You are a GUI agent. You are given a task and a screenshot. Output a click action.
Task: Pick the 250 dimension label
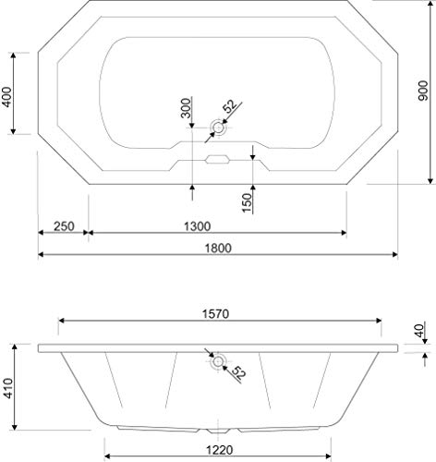click(x=63, y=225)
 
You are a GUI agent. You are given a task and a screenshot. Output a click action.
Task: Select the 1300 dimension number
click(x=196, y=225)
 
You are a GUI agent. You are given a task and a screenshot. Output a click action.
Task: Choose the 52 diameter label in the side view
click(x=239, y=373)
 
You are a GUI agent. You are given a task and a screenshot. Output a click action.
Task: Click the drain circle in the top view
click(x=219, y=127)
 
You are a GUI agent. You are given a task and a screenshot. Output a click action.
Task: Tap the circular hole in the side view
click(x=219, y=362)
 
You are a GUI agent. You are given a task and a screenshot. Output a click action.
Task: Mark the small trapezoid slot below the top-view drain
click(x=218, y=158)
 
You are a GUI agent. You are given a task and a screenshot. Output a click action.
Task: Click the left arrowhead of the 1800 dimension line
click(x=42, y=255)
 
